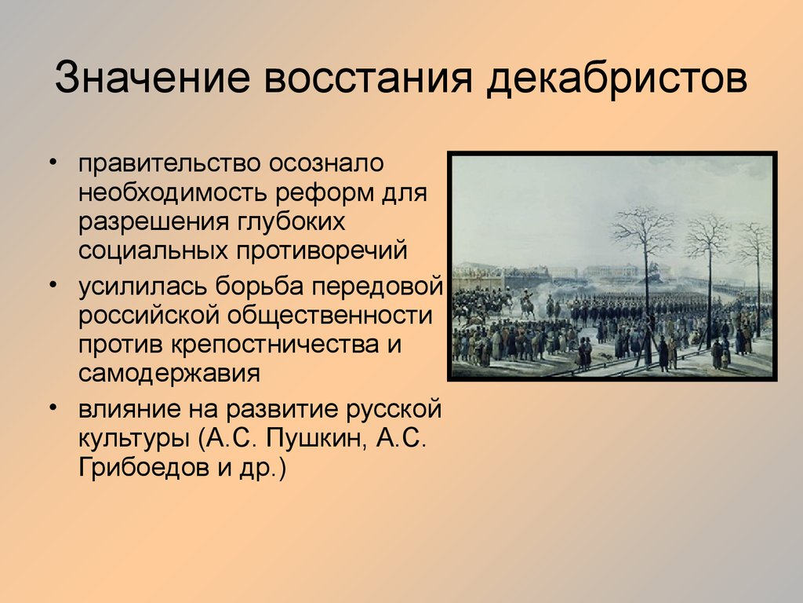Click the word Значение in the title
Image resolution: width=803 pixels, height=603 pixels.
click(152, 77)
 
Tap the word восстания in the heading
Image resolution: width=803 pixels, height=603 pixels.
click(368, 78)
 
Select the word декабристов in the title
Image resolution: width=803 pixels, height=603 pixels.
click(616, 78)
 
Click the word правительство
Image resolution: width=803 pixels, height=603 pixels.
click(169, 163)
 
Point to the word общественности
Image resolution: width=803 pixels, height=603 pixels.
click(330, 315)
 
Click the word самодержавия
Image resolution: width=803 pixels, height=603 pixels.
click(169, 374)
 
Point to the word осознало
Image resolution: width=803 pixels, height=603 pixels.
click(327, 163)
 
